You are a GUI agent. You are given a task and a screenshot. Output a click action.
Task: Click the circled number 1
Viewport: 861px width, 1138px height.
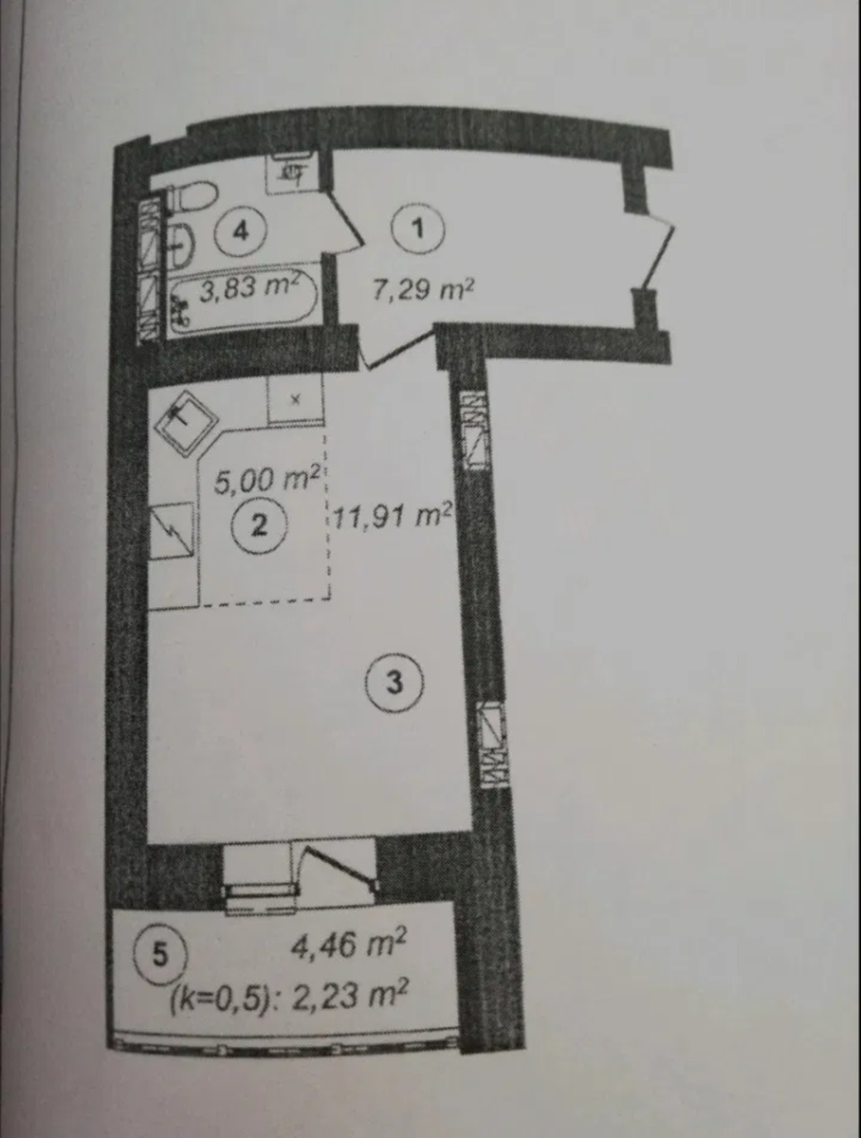coord(418,229)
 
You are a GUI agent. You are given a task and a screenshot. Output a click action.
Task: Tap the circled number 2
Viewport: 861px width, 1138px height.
coord(258,526)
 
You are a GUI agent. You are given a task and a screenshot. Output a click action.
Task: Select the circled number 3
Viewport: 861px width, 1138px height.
coord(394,682)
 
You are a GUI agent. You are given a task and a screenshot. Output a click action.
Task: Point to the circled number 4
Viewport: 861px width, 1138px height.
coord(240,231)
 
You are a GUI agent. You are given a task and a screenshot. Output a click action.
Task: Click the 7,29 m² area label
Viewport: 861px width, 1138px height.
coord(423,289)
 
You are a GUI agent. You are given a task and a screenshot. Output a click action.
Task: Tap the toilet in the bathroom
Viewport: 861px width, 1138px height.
coord(191,196)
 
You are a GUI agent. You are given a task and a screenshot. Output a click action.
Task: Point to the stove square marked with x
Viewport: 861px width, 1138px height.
coord(296,398)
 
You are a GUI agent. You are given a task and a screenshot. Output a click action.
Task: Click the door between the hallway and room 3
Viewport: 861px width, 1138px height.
coord(397,349)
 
